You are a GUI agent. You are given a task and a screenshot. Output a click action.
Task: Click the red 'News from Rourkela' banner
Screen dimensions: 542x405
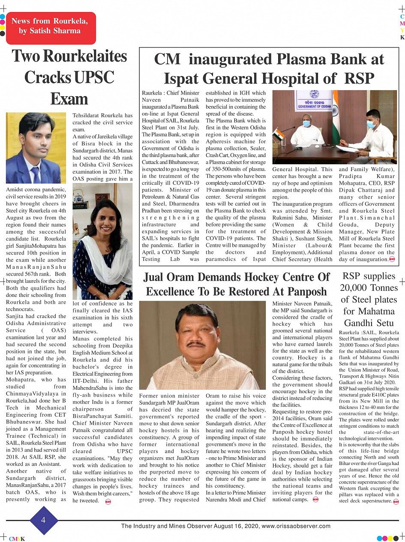pyautogui.click(x=51, y=26)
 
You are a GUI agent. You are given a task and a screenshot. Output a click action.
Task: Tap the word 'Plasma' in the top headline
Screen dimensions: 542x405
pyautogui.click(x=303, y=59)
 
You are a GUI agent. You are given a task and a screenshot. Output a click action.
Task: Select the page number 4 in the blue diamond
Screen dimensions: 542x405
pyautogui.click(x=43, y=520)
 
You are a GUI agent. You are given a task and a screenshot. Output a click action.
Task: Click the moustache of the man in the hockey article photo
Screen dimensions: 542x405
pyautogui.click(x=197, y=344)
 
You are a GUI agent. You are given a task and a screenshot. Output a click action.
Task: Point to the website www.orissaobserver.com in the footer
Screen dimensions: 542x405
pyautogui.click(x=296, y=526)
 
